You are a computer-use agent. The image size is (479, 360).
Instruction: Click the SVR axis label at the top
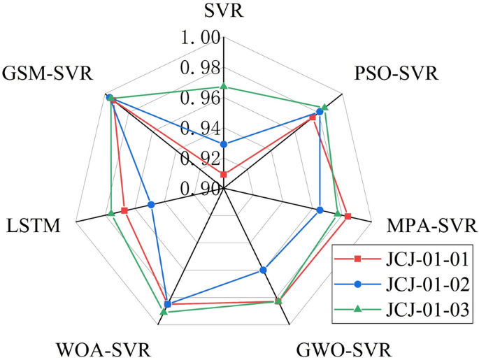(223, 11)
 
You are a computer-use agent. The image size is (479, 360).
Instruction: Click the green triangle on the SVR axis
(224, 86)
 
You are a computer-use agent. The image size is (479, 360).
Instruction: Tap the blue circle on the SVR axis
(224, 144)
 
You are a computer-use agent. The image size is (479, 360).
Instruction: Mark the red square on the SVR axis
(224, 174)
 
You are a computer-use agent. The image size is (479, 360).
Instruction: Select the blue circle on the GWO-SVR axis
(263, 270)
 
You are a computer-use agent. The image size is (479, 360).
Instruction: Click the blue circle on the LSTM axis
(151, 205)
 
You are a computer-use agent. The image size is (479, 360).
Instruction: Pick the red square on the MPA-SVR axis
(348, 217)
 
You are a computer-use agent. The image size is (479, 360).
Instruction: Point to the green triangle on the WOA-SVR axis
(163, 312)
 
